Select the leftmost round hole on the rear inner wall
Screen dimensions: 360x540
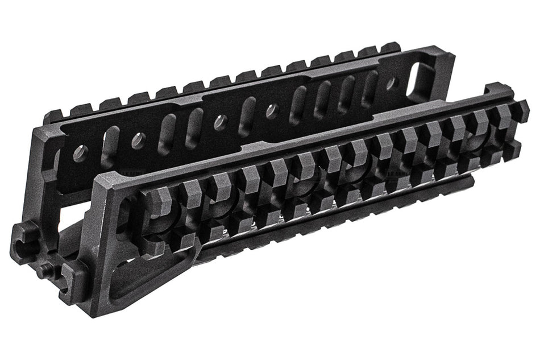(x=81, y=151)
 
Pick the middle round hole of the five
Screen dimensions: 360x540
(x=220, y=121)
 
